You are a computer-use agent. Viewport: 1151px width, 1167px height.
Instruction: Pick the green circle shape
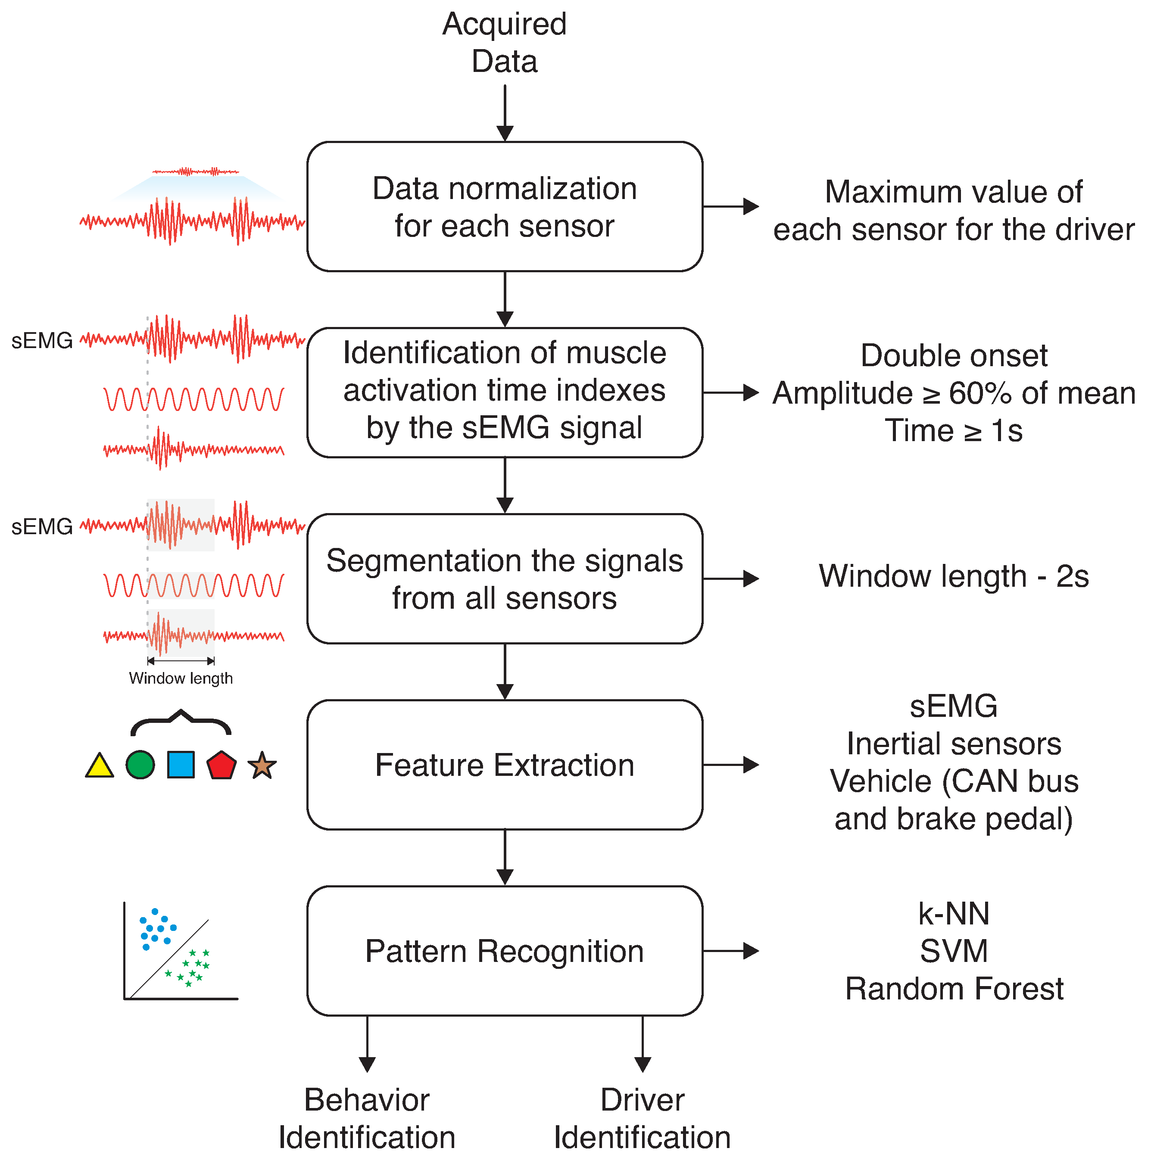[x=140, y=765]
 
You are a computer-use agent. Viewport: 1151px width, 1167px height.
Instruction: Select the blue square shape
[x=181, y=765]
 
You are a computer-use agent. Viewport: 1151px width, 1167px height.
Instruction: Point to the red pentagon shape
[x=221, y=766]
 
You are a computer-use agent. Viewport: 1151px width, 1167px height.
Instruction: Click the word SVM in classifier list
[x=954, y=951]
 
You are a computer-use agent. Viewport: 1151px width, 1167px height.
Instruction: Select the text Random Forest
[x=954, y=989]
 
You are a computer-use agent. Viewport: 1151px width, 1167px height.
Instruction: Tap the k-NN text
[x=954, y=913]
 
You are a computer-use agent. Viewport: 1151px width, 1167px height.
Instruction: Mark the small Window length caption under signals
[x=181, y=678]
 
